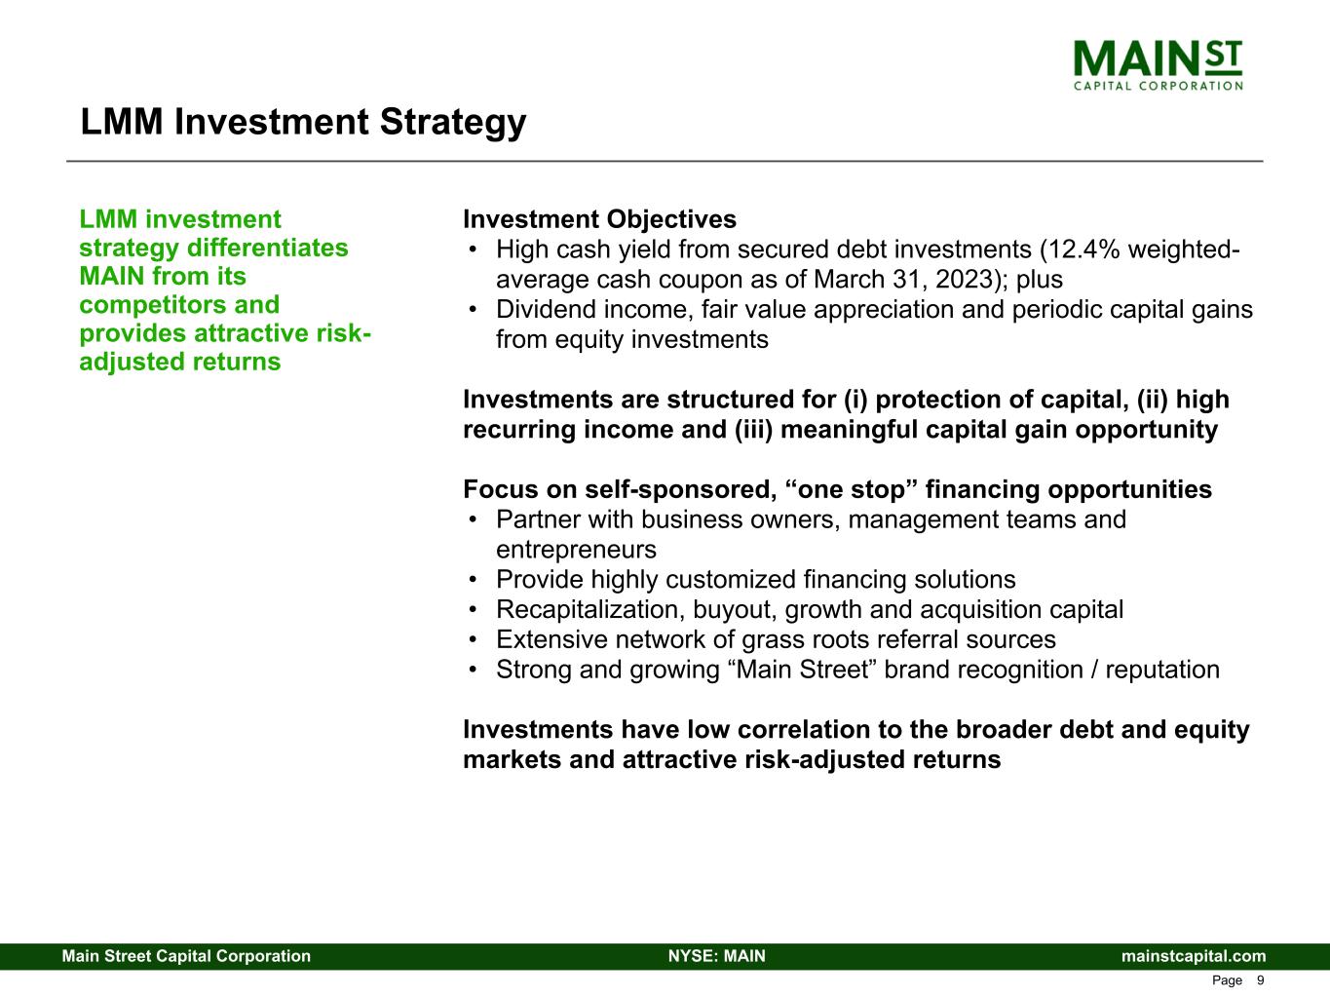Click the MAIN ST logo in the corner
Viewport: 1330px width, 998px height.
[x=1158, y=64]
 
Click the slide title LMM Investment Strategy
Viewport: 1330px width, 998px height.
[x=303, y=123]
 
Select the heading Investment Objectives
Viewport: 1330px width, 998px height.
[x=599, y=219]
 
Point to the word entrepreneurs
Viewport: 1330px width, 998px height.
[x=576, y=550]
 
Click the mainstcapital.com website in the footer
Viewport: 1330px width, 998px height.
[x=1194, y=956]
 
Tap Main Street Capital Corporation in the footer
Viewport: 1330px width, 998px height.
[x=186, y=956]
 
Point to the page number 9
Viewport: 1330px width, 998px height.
[x=1260, y=980]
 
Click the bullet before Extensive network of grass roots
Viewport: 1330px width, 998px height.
[x=473, y=640]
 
